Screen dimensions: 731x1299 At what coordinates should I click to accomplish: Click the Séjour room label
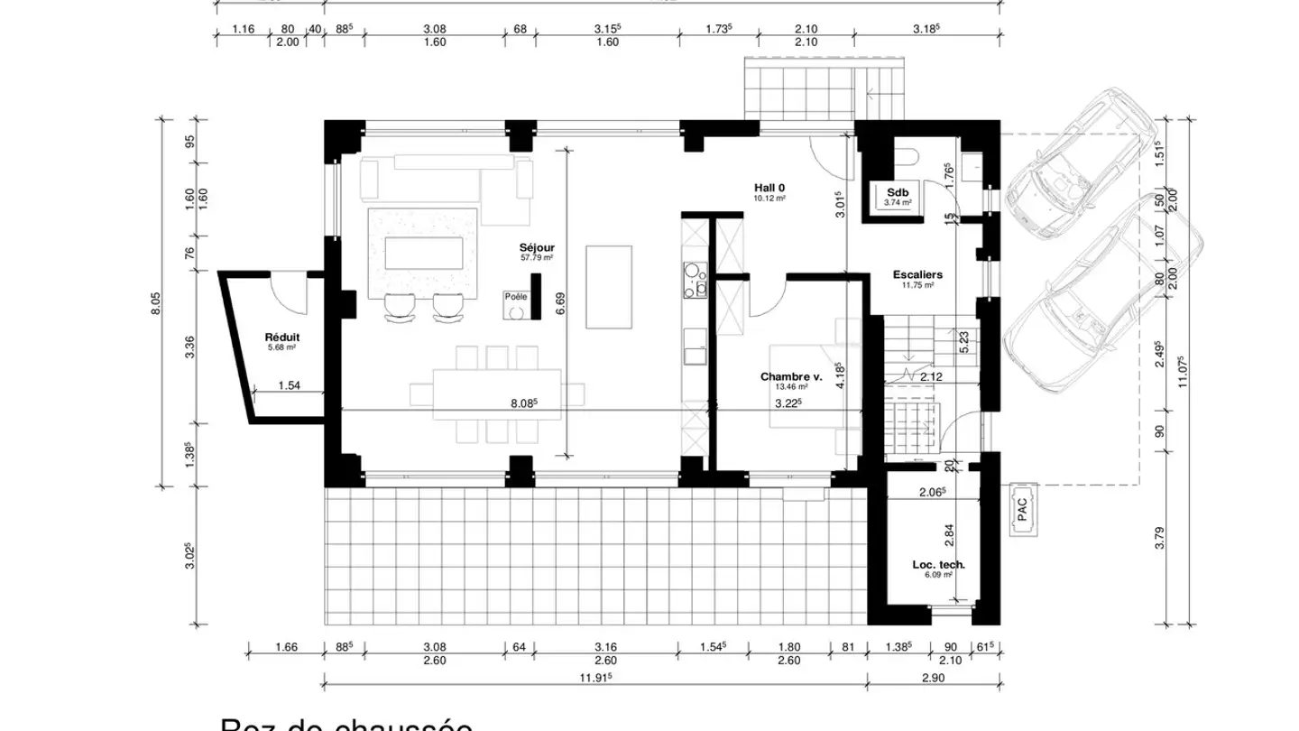pos(536,247)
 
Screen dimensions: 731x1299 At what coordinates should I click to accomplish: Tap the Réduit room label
pos(281,336)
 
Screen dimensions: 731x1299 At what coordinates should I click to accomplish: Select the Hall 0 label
pos(769,187)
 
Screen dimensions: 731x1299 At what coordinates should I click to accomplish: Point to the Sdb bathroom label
pos(898,192)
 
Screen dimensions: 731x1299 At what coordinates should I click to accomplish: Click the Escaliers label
pos(917,274)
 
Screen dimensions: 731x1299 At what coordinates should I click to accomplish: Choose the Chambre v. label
pos(790,376)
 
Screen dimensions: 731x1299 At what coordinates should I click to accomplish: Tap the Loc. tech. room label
pos(938,564)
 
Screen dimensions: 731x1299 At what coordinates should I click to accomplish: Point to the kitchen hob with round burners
pos(695,280)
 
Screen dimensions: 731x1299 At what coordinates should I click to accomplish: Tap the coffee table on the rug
pos(423,252)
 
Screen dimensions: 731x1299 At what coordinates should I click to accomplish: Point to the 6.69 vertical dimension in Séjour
pos(560,305)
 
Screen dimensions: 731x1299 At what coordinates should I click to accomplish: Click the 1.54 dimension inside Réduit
pos(289,385)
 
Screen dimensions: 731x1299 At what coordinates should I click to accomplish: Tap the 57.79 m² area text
pos(536,257)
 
